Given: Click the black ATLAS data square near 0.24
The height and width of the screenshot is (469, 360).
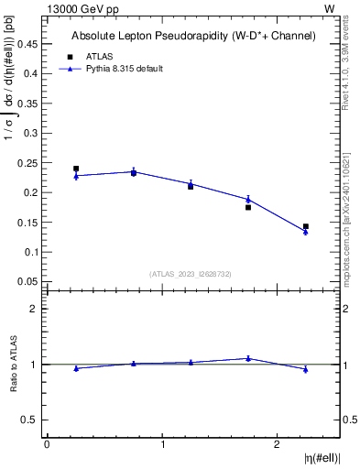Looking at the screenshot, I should [x=76, y=169].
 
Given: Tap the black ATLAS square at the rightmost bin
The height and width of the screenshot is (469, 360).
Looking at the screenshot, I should [x=306, y=226].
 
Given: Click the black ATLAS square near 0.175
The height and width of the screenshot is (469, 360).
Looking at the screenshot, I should [x=248, y=207].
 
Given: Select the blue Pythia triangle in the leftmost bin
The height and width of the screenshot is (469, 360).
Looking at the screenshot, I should [x=76, y=176].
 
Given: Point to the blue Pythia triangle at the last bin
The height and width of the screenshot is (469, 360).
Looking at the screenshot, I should [x=306, y=232].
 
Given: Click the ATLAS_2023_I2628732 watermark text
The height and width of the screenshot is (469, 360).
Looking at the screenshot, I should [x=191, y=274].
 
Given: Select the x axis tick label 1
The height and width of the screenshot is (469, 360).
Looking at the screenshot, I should [x=162, y=444].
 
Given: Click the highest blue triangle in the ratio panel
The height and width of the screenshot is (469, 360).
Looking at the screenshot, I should [x=248, y=358].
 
